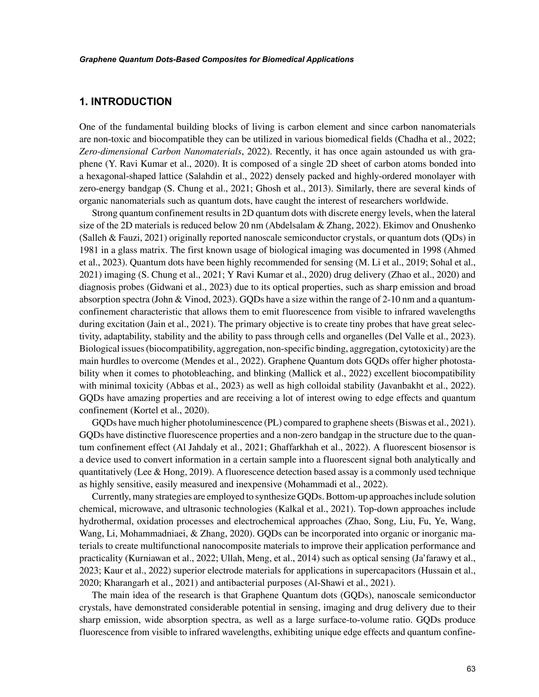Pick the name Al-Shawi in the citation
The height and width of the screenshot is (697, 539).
pyautogui.click(x=322, y=583)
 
